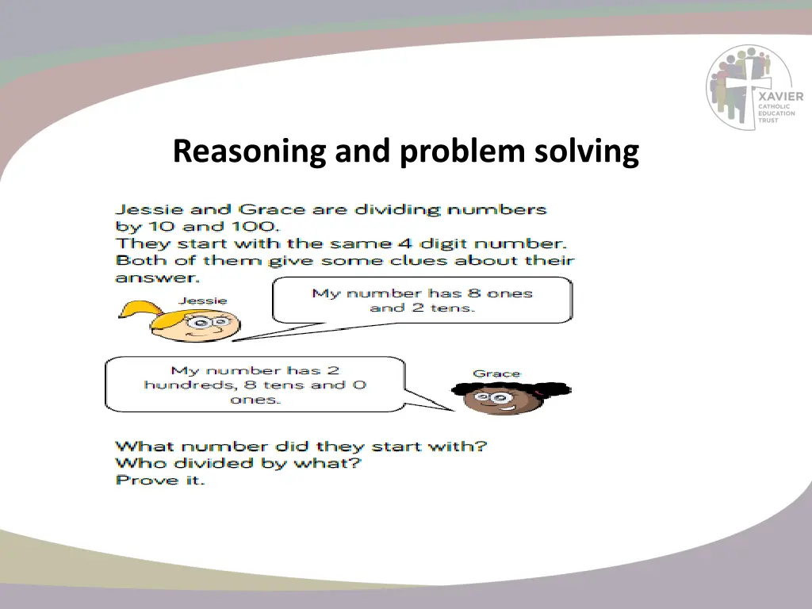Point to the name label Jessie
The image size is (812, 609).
[202, 301]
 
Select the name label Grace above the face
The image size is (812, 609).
[496, 373]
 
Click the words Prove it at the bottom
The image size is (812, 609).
[160, 480]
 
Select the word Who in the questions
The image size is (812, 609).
[134, 463]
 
